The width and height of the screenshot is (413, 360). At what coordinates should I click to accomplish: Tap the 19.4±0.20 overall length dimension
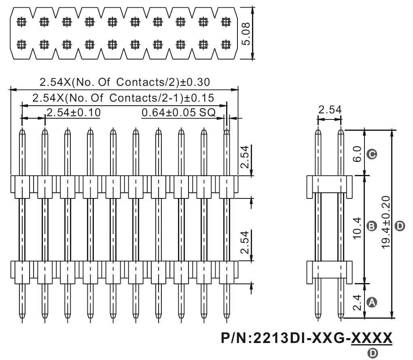(385, 222)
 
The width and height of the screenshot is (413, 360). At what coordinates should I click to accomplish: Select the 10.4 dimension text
(357, 228)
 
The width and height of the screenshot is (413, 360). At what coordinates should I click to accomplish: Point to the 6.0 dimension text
(357, 154)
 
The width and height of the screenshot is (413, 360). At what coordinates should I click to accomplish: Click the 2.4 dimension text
(357, 302)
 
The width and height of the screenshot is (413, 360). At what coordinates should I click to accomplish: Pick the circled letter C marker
(372, 154)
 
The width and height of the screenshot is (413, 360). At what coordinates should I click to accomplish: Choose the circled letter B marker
(372, 226)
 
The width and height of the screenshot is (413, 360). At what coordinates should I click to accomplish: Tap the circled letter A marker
(372, 302)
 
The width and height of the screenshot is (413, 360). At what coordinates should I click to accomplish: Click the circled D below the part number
(373, 354)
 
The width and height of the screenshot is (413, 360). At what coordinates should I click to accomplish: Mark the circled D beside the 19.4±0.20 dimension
(400, 226)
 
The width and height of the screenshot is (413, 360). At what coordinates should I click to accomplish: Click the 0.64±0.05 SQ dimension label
(178, 113)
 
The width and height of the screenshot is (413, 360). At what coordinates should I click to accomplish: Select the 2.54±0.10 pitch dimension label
(74, 113)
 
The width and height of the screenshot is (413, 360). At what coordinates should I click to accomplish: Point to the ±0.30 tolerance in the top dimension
(195, 82)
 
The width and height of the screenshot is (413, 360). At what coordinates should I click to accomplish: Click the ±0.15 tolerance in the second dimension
(199, 98)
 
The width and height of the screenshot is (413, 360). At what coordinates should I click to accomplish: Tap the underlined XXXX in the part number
(372, 338)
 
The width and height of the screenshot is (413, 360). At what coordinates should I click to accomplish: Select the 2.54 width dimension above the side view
(330, 109)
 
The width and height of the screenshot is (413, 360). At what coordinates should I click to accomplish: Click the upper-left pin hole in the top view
(21, 21)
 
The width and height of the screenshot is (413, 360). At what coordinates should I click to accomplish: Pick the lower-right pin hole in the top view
(226, 45)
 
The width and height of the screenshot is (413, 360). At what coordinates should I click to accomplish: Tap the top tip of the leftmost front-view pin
(22, 128)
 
